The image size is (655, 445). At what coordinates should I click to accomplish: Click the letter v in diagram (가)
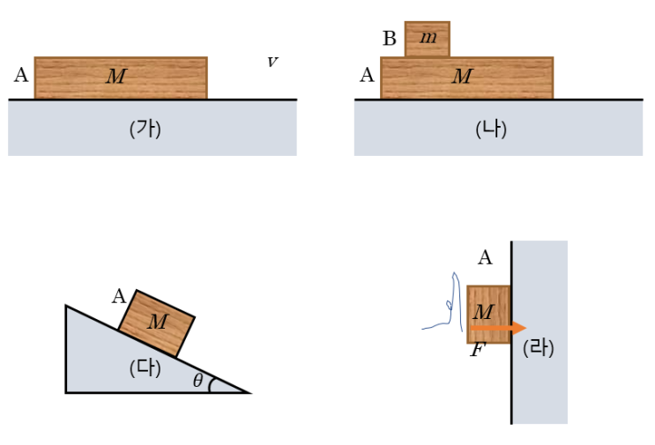pos(272,63)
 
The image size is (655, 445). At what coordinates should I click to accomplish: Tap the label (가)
pos(145,129)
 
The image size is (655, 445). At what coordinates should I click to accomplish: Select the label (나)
pos(491,129)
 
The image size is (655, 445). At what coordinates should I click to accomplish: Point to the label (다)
pos(145,368)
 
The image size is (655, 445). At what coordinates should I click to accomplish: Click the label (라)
pos(538,348)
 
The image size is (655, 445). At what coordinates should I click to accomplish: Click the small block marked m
pos(428,39)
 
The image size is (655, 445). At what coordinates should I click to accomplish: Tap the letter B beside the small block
pos(390,39)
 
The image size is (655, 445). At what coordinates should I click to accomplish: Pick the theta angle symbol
pos(198,381)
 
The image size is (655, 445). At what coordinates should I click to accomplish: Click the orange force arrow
pos(498,328)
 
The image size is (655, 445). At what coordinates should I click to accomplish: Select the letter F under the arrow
pos(477,350)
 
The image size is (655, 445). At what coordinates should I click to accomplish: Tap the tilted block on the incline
pos(157,323)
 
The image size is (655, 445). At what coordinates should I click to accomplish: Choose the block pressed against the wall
pos(488,315)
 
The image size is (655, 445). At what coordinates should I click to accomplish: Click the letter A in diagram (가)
pos(21,75)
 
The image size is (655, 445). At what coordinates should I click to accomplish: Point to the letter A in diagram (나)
pos(368,75)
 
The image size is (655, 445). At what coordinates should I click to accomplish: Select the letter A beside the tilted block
pos(119,296)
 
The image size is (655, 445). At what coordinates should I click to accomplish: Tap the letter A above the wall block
pos(485,257)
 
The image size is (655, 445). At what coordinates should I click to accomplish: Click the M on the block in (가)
pos(116,76)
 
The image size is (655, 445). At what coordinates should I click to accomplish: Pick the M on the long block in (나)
pos(463,76)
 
